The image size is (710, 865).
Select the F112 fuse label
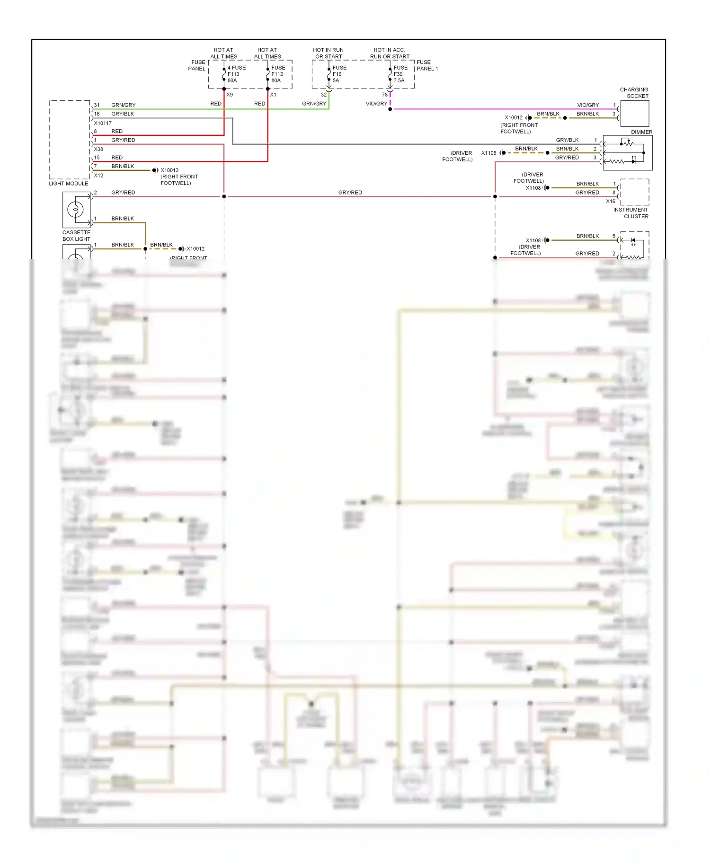(x=278, y=74)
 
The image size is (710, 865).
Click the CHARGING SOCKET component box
(x=634, y=114)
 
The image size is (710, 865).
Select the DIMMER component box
(x=627, y=153)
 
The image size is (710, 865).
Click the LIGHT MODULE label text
(x=69, y=184)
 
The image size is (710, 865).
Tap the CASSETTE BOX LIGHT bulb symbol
(x=76, y=209)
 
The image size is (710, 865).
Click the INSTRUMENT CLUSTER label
(x=631, y=213)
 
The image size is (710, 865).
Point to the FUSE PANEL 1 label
(x=426, y=66)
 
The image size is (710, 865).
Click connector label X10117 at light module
(x=103, y=123)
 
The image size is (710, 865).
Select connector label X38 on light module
(x=98, y=149)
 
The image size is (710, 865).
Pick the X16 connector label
(x=611, y=201)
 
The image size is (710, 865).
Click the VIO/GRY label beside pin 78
(x=376, y=104)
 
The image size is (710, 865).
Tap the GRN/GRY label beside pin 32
(x=314, y=104)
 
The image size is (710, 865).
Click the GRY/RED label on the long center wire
(x=350, y=193)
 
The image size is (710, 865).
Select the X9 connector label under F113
(x=230, y=95)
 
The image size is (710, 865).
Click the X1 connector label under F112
(x=273, y=95)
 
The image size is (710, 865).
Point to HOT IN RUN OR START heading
(x=328, y=53)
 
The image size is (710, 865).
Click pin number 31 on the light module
(x=97, y=105)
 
